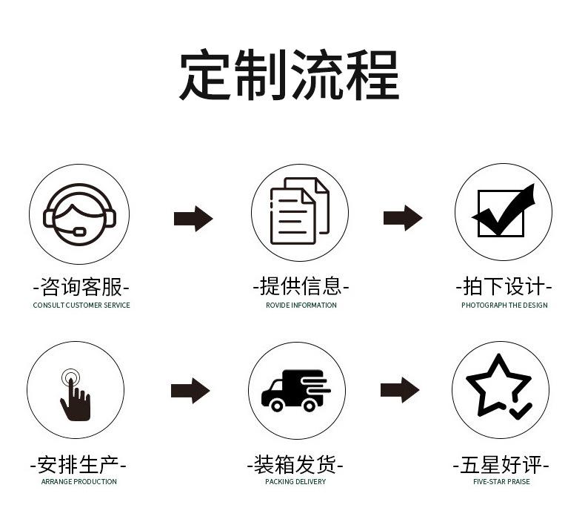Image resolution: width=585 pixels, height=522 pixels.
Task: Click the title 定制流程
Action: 290,76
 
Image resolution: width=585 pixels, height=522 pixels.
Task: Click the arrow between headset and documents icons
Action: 193,219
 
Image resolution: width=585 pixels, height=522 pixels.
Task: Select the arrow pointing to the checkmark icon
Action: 403,218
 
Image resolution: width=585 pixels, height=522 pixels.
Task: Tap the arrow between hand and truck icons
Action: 190,391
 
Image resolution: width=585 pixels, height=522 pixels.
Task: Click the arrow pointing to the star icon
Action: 400,390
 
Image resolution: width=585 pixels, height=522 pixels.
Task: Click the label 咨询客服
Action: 81,286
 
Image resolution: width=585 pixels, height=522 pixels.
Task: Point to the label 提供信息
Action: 301,286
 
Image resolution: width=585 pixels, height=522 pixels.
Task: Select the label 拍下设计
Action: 504,286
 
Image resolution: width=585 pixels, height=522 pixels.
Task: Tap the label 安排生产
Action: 78,465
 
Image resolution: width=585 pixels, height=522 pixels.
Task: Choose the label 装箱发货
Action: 295,465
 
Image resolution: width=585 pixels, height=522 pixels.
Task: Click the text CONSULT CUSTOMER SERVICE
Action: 81,305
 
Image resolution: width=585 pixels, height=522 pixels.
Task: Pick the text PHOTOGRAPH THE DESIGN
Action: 504,305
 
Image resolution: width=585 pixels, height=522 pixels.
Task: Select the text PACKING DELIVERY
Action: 295,482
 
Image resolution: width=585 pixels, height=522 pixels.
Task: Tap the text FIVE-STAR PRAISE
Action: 501,482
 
